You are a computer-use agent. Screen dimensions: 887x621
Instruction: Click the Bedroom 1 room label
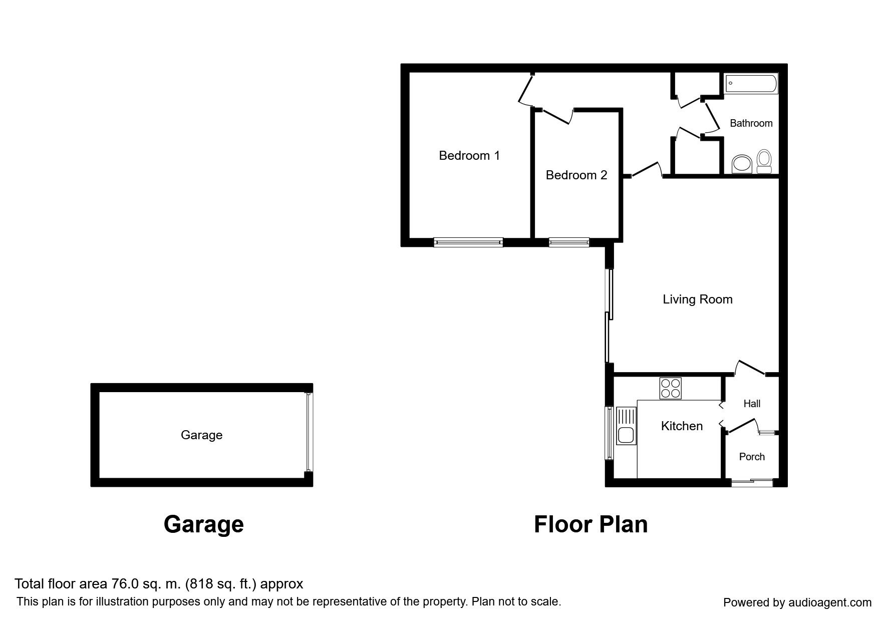point(469,156)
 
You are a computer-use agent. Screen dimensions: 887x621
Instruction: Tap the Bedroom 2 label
point(576,175)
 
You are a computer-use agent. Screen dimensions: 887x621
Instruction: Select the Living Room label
point(698,299)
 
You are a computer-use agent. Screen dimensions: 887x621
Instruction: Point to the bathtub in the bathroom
point(751,84)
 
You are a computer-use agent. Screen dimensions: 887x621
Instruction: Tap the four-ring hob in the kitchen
point(671,388)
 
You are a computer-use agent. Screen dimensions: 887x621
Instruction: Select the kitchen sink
point(626,426)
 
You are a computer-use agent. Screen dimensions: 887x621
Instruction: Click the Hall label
point(752,404)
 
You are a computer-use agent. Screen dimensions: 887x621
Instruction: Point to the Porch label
point(752,457)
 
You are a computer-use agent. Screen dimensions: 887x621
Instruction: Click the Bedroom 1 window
point(468,242)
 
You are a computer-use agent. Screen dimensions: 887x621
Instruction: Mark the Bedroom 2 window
point(569,242)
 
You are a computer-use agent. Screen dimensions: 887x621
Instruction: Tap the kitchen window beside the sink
point(610,433)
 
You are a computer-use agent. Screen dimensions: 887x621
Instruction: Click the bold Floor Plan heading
point(590,524)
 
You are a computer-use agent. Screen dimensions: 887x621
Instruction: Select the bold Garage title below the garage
point(204,525)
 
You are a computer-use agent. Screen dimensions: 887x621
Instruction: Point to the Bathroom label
point(751,123)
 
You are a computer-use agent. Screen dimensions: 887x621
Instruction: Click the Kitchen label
point(682,426)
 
